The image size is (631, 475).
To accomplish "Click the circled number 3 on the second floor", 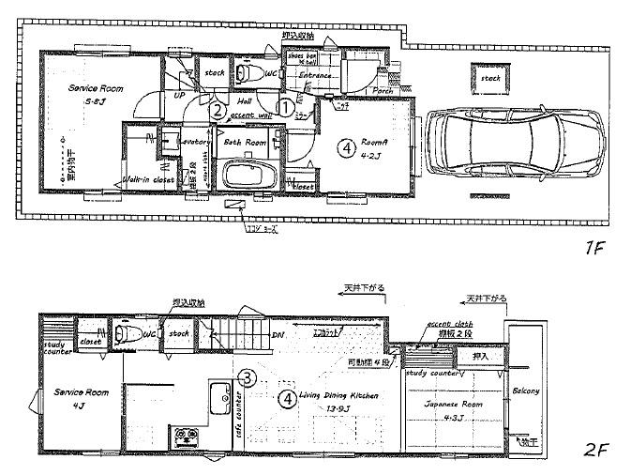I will [247, 378].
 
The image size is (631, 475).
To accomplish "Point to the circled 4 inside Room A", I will [347, 147].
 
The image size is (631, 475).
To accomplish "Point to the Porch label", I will [383, 91].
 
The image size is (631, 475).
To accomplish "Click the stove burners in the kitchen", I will [184, 436].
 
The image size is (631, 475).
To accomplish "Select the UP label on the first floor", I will [177, 94].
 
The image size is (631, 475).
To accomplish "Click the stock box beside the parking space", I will [490, 79].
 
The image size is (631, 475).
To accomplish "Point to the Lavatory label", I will [195, 141].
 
